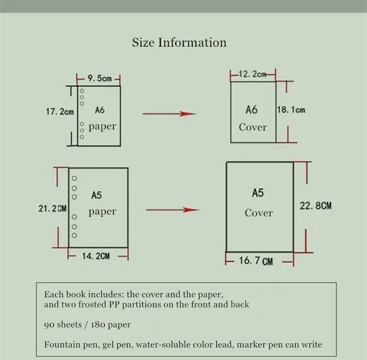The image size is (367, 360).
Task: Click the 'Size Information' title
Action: [x=179, y=43]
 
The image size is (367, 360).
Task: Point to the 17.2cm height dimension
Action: [x=60, y=112]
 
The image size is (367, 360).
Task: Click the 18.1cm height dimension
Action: [x=291, y=110]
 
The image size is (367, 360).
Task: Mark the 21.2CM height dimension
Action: [x=52, y=209]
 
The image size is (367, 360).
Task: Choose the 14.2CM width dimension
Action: [x=96, y=256]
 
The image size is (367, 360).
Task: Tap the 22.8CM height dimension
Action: [x=315, y=206]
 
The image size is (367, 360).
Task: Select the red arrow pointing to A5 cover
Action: [x=172, y=210]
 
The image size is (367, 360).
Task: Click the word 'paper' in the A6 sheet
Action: [x=102, y=126]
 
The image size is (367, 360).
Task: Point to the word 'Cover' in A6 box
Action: [x=253, y=127]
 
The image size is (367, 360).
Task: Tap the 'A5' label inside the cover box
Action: [x=258, y=193]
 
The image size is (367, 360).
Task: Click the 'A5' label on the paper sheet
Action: [x=97, y=196]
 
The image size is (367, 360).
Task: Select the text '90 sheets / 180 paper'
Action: [x=87, y=325]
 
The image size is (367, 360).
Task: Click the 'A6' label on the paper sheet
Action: [x=99, y=110]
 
